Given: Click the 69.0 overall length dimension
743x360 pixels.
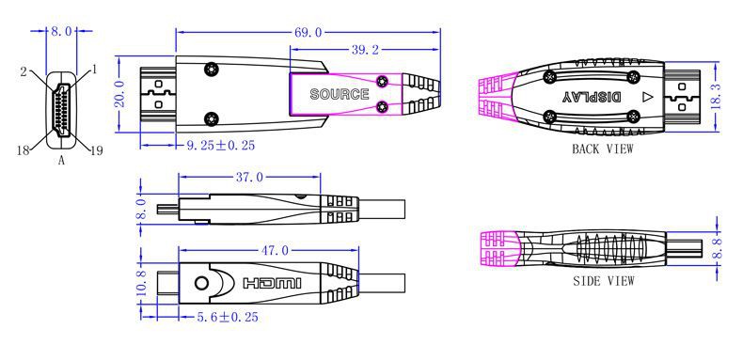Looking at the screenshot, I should pos(308,32).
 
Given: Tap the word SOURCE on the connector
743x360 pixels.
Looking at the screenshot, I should pos(339,95).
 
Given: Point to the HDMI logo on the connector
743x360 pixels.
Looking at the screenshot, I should pos(272,283).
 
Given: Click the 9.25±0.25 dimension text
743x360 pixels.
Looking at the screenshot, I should pos(221,146).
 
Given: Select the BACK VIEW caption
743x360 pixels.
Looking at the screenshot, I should pos(602,149).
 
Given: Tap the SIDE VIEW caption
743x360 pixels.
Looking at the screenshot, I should pos(603,280).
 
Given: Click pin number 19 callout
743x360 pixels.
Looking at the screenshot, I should pos(94,148).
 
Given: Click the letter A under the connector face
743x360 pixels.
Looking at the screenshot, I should pos(61,161).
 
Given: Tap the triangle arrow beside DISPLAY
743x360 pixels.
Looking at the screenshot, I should pos(646,96).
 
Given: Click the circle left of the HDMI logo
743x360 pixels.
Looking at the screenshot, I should pos(200,283).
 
